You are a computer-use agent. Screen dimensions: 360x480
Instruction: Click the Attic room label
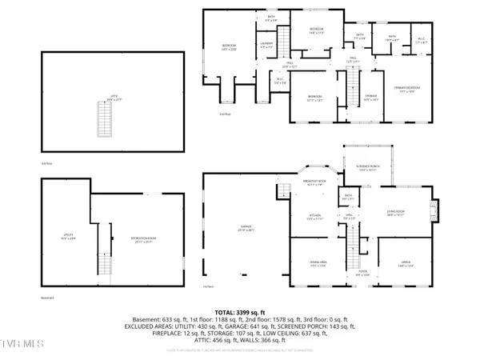coord(114,100)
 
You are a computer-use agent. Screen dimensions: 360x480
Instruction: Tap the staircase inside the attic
coord(102,122)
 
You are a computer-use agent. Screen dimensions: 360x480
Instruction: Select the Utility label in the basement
coord(69,237)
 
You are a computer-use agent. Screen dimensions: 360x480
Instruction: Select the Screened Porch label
coord(369,169)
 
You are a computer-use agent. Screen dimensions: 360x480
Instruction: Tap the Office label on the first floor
coord(405,265)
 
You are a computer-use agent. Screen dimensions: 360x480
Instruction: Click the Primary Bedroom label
coord(407,89)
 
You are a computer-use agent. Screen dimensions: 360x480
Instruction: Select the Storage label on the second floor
coord(371,96)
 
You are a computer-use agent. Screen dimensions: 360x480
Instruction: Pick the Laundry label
coord(266,45)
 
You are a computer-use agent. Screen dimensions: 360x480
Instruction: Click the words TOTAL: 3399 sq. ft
coord(240,311)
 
